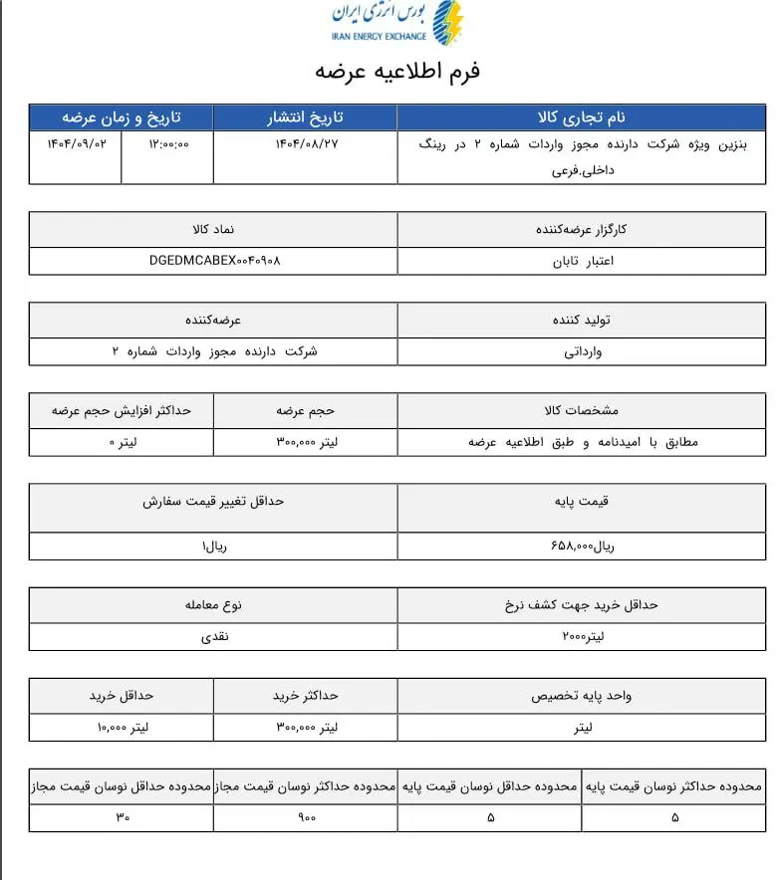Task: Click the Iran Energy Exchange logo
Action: (x=396, y=23)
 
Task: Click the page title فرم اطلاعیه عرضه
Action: (x=397, y=72)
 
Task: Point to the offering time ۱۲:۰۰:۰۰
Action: (x=168, y=144)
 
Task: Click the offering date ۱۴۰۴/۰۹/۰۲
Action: (x=77, y=144)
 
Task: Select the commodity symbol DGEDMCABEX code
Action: (x=214, y=261)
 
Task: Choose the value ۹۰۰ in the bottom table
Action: (x=306, y=817)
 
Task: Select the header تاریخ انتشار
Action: (x=307, y=116)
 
